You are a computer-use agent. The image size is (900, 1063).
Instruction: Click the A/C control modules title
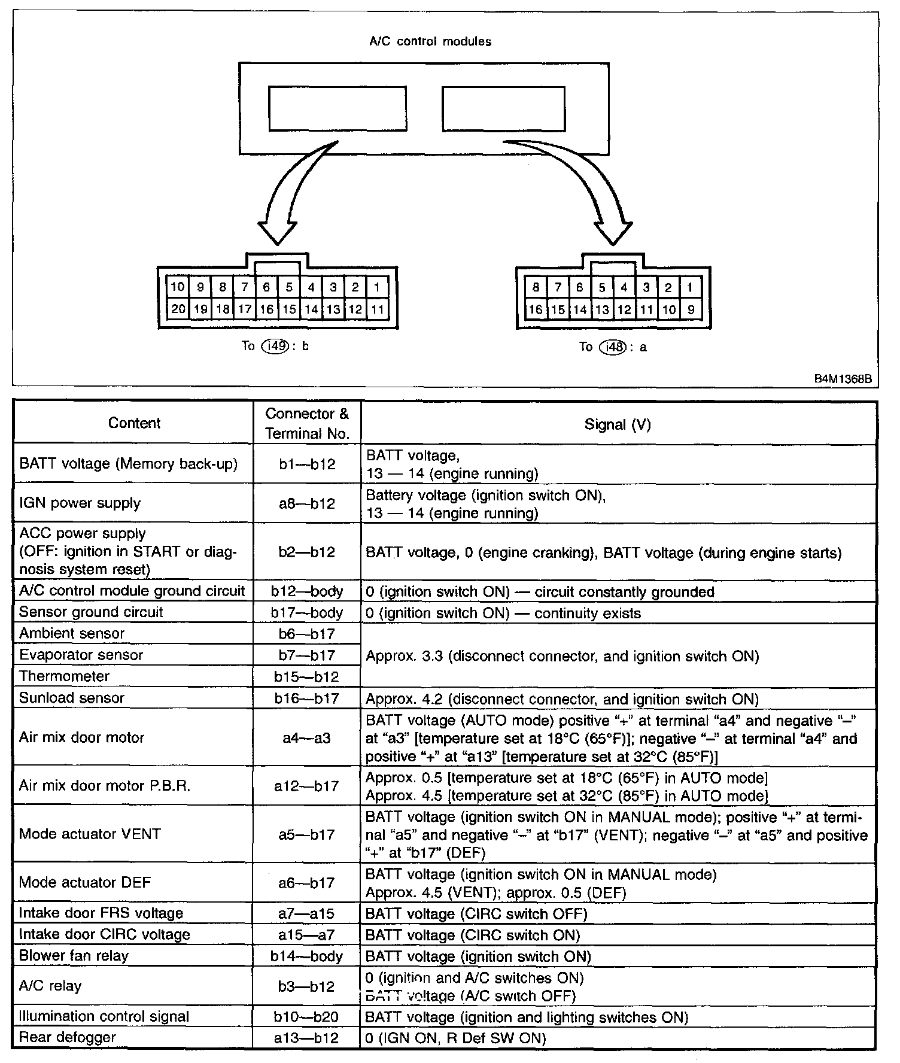(x=430, y=41)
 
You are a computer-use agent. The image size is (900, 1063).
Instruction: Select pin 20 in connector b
(x=178, y=309)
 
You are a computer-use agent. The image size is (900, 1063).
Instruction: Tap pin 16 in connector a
(x=536, y=309)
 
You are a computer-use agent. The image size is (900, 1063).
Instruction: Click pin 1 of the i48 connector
(x=690, y=287)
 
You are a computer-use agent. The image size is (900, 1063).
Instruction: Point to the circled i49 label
(x=274, y=345)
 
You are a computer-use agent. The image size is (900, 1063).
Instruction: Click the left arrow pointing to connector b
(x=293, y=192)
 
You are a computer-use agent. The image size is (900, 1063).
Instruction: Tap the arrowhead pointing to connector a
(x=613, y=230)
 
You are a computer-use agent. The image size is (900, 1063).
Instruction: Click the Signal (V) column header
(x=618, y=424)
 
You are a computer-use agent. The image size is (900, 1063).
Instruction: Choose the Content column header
(x=134, y=423)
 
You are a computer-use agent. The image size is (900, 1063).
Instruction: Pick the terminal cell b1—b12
(x=306, y=464)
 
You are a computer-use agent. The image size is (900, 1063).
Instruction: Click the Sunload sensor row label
(x=72, y=698)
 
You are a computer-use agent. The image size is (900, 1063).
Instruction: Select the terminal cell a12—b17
(x=306, y=786)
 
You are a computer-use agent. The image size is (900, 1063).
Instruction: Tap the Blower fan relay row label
(x=74, y=955)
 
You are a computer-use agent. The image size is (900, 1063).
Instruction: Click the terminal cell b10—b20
(x=306, y=1016)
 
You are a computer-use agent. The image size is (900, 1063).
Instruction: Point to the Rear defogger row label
(x=68, y=1037)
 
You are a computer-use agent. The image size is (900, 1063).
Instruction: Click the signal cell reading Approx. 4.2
(x=562, y=699)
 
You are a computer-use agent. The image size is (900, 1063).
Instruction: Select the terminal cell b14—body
(x=306, y=956)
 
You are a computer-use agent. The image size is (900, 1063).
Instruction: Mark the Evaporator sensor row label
(x=81, y=655)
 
